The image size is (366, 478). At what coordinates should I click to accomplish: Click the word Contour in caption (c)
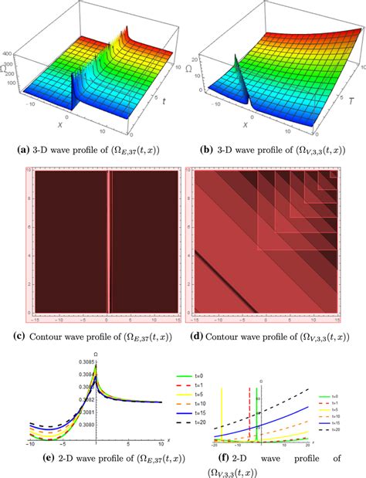tap(59, 336)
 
